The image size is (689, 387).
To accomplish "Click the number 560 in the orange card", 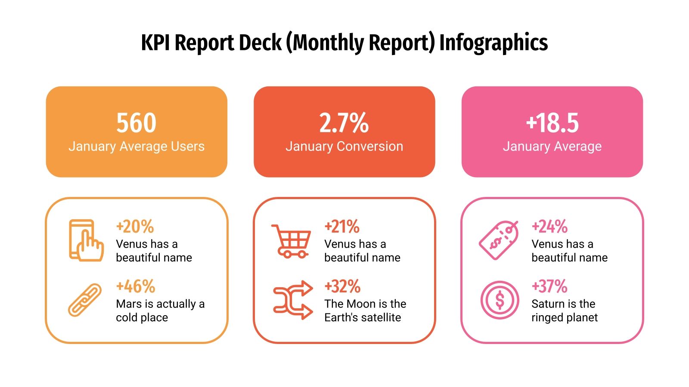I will (x=136, y=123).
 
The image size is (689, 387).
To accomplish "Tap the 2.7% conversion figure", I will (x=344, y=123).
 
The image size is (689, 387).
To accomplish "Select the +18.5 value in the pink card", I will (x=552, y=123).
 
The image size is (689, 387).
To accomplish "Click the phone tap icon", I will (x=86, y=240).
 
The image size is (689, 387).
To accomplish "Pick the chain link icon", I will (x=85, y=300).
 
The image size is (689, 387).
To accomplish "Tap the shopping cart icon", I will (x=292, y=241).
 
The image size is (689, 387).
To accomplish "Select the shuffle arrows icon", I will (x=293, y=300).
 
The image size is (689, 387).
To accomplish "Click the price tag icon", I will (x=499, y=240).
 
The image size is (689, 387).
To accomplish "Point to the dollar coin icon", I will (x=500, y=300).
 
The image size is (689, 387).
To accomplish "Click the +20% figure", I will (x=135, y=227).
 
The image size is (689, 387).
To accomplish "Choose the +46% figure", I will (x=135, y=286).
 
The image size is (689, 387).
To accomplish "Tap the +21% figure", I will (x=342, y=227).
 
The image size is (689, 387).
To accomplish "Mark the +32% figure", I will (x=342, y=286).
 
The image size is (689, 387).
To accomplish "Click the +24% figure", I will (x=549, y=227).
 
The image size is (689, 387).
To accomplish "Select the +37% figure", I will (x=549, y=286).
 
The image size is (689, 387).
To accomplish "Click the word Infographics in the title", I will (x=493, y=43).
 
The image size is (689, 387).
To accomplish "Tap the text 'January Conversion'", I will (x=344, y=147).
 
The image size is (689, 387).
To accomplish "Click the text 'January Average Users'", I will (x=136, y=147).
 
